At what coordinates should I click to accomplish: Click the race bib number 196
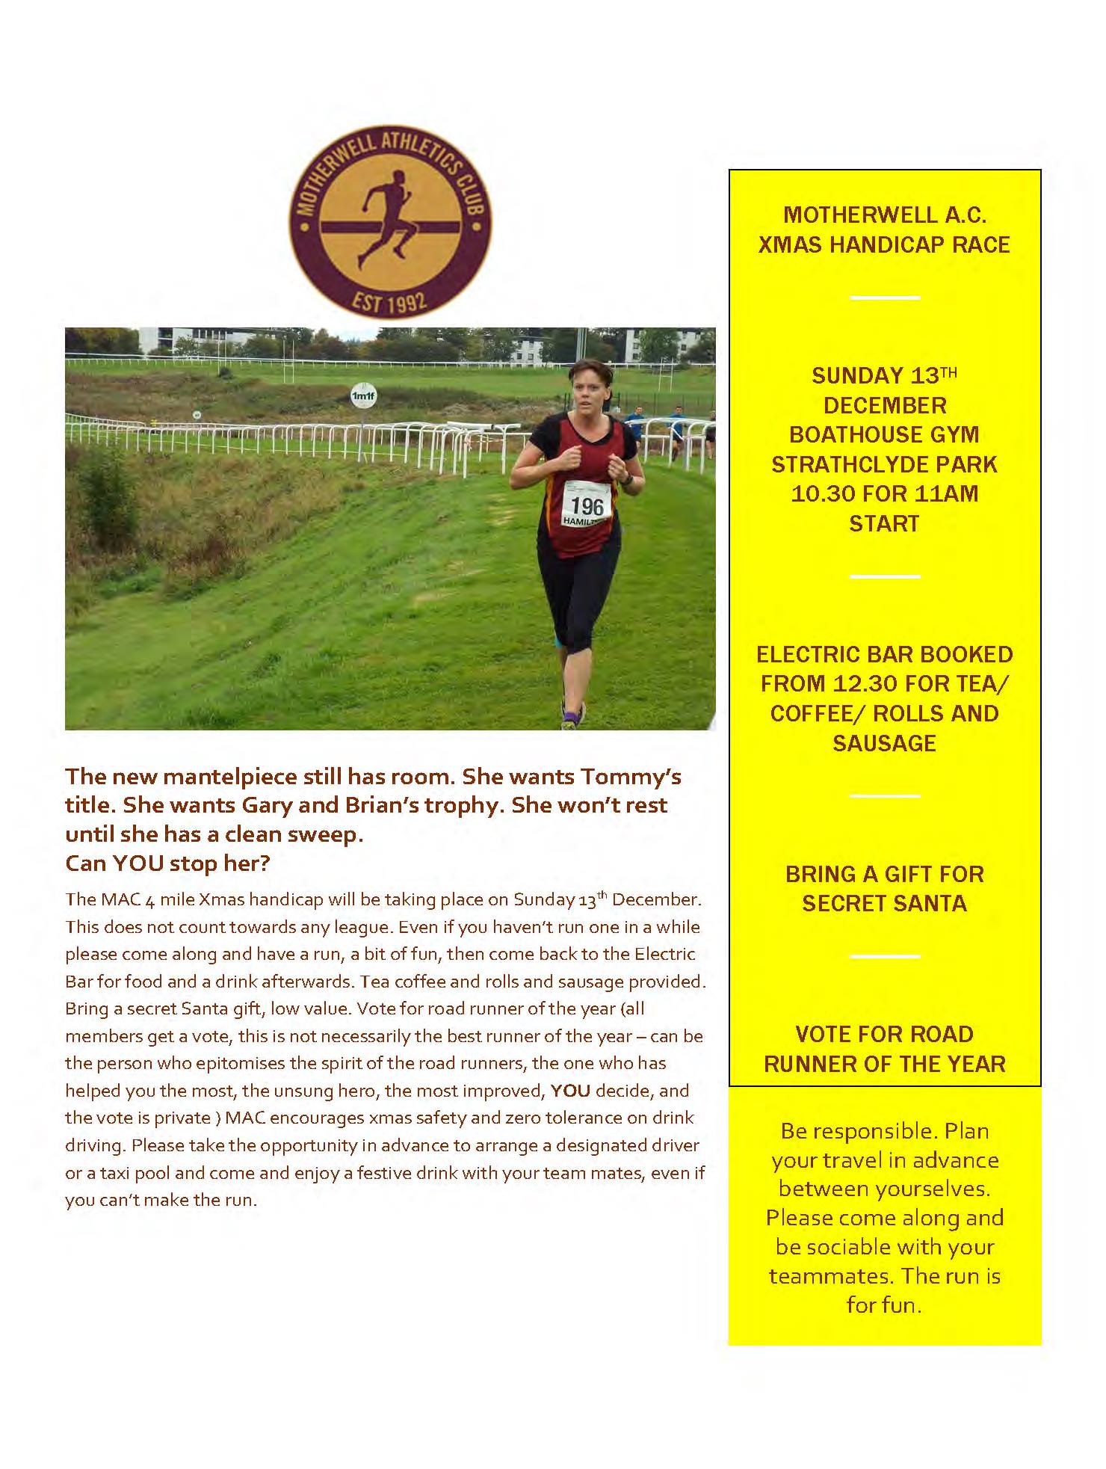(587, 505)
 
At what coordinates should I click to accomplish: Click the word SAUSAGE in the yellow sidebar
(884, 742)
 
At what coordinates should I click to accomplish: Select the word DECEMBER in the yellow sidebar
(885, 405)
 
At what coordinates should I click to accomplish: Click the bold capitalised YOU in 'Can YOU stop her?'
(138, 863)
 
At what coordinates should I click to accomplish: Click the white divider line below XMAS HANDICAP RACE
(885, 298)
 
